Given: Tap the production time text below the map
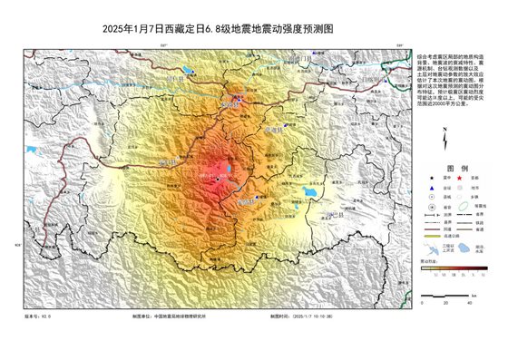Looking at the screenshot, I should (x=303, y=316).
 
